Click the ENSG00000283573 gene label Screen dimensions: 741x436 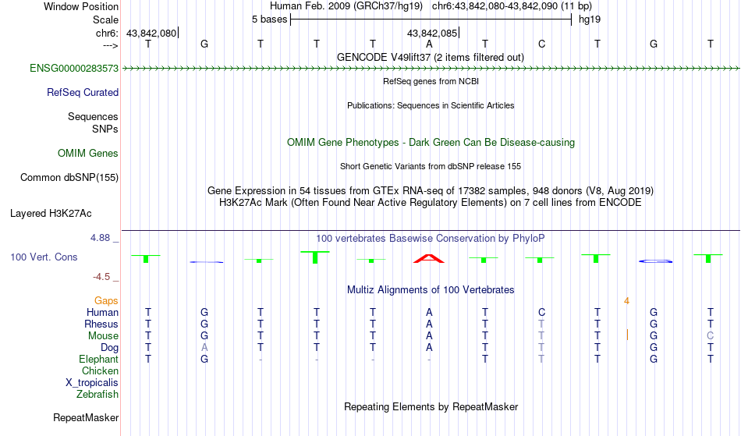coord(74,68)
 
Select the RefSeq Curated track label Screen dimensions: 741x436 coord(82,93)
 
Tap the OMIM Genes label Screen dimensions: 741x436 coord(87,153)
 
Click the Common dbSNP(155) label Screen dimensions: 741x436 coord(69,178)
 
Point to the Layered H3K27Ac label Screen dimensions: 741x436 coord(51,214)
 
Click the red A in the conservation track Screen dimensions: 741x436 coord(429,258)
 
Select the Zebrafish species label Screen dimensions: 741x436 coord(97,394)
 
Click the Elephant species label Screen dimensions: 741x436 coord(98,359)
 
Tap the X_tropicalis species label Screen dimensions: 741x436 coord(92,383)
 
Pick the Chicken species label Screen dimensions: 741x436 coord(100,370)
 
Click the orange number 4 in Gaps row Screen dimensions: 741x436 coord(626,301)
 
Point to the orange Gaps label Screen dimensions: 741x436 coord(106,301)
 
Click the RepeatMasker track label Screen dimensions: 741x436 coord(86,417)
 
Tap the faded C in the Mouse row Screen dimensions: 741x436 coord(710,336)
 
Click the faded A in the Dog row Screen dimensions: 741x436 coord(204,348)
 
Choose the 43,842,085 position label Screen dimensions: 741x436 coord(432,33)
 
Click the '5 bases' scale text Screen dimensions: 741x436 coord(269,19)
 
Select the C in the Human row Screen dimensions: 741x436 coord(541,312)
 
